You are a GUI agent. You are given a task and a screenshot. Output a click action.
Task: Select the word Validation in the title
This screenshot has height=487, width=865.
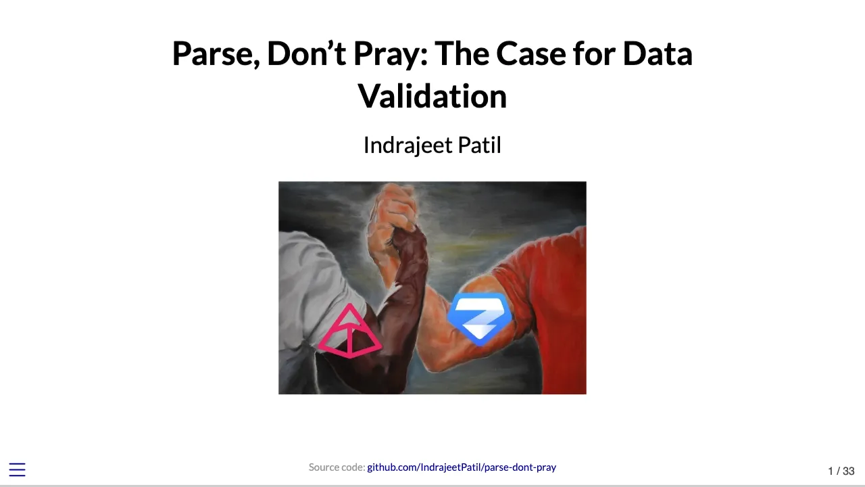click(432, 96)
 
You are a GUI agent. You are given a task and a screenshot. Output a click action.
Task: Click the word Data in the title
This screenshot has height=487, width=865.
click(657, 54)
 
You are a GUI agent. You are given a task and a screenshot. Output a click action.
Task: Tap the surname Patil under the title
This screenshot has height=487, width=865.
click(479, 145)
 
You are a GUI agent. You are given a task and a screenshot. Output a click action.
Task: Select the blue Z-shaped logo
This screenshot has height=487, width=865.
click(480, 318)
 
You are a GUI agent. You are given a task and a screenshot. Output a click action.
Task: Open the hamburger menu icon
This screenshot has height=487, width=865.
click(17, 470)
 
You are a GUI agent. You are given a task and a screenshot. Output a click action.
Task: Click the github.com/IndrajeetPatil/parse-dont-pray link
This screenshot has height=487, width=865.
click(462, 467)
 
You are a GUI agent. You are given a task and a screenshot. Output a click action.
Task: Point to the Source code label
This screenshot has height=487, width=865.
click(337, 467)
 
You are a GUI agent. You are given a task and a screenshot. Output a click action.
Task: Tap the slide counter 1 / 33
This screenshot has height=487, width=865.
click(841, 471)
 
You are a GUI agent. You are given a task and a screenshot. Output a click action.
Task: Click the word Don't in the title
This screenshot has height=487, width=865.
click(307, 54)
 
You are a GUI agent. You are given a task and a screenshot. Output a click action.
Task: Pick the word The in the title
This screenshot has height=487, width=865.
click(462, 54)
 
